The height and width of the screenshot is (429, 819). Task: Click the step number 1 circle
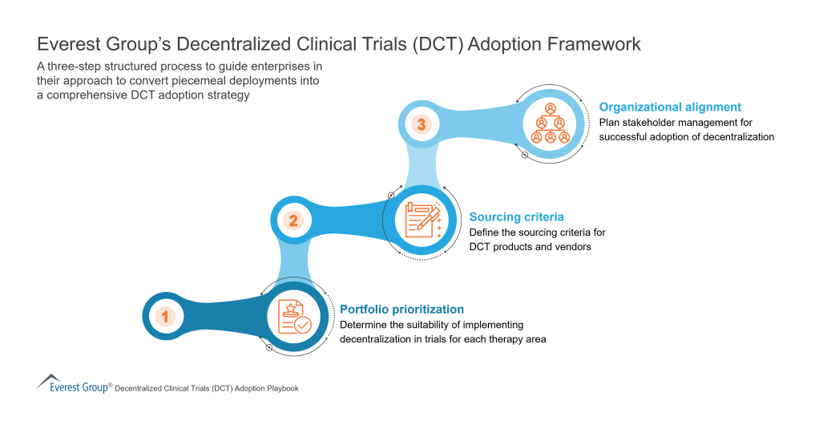pos(165,317)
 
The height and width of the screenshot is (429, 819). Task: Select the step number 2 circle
pos(293,220)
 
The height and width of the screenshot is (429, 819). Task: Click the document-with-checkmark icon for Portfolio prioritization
pos(293,316)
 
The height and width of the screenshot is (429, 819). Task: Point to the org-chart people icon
pos(550,123)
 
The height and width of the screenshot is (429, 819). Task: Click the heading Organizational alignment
pos(670,107)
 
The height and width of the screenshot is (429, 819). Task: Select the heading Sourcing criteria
pos(516,217)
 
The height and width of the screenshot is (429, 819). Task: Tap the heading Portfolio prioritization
pos(401,309)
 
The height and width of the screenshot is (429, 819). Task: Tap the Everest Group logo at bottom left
pos(73,386)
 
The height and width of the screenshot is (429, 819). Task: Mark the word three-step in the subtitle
pos(72,66)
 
